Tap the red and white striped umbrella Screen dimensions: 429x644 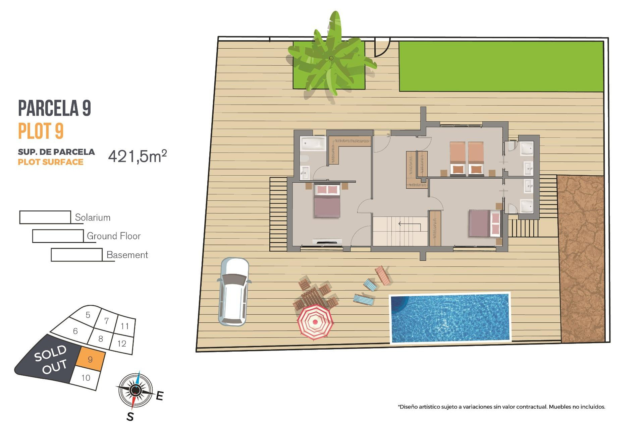tap(315, 322)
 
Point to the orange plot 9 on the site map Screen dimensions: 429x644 tap(90, 360)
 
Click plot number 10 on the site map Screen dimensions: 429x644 tap(86, 378)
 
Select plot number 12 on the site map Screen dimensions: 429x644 tap(122, 344)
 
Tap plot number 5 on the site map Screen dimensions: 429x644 tap(88, 315)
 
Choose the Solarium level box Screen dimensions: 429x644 tap(45, 217)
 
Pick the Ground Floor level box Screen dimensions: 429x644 tap(58, 236)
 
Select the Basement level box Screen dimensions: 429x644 tap(76, 255)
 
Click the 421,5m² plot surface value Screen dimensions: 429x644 tap(137, 156)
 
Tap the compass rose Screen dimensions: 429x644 tap(136, 390)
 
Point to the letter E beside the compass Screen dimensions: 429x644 tap(160, 396)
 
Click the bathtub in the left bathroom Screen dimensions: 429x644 tap(313, 144)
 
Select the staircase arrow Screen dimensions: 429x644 tap(409, 224)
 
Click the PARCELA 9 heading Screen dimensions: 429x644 tap(54, 108)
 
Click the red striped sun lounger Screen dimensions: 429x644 tap(383, 275)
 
